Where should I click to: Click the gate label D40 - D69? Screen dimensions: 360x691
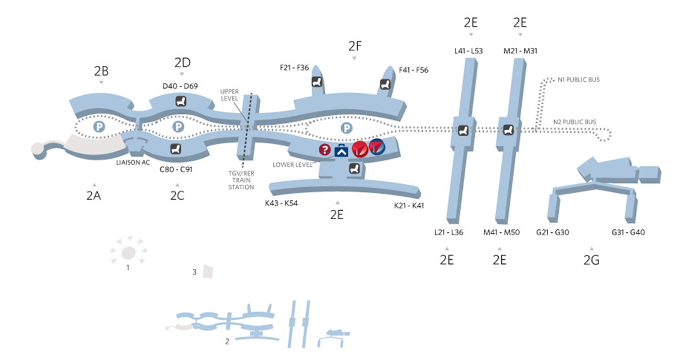(180, 86)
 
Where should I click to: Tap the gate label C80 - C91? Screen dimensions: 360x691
(176, 170)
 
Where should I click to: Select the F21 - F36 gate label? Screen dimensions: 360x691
(294, 68)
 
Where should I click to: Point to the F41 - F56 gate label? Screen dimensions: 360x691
(414, 70)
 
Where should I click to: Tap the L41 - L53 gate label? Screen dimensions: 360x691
(469, 51)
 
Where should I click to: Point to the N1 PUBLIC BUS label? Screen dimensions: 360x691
(579, 79)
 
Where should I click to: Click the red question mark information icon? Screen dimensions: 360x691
(325, 149)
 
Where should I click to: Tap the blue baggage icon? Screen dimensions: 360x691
(342, 150)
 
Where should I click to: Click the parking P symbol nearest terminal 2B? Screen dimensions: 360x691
(99, 127)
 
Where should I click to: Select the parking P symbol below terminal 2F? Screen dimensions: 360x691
(346, 128)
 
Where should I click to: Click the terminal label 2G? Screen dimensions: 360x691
(591, 260)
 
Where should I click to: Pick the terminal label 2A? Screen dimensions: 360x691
(93, 195)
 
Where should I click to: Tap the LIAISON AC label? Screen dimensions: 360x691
(133, 163)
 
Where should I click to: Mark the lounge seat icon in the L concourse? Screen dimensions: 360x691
(463, 130)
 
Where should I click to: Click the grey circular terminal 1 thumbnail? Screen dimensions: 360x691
(128, 252)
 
